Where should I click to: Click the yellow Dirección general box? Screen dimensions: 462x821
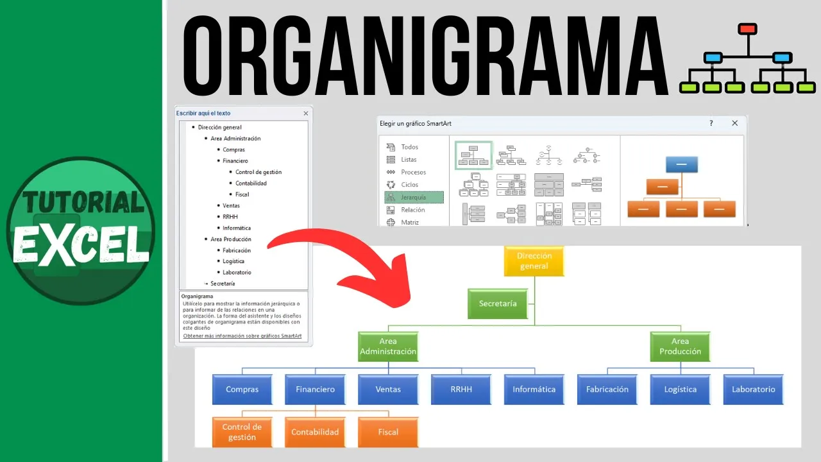[x=534, y=261]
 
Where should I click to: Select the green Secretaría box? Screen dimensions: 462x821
[x=498, y=304]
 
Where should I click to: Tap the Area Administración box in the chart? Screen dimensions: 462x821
[x=388, y=346]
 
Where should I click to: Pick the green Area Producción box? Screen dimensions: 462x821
[x=680, y=346]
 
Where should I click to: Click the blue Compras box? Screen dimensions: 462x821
[x=242, y=389]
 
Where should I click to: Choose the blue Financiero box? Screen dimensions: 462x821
[x=315, y=389]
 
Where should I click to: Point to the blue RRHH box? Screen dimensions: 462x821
[x=461, y=389]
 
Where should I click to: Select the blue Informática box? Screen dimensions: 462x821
[x=534, y=389]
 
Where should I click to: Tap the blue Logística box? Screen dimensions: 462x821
[x=680, y=389]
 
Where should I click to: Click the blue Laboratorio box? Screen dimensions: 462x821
[x=753, y=389]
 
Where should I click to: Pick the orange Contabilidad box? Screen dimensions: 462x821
[x=315, y=432]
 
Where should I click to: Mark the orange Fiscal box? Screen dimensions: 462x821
[x=388, y=432]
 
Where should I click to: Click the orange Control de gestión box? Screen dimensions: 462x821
[x=242, y=432]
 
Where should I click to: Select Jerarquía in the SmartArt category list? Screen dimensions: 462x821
[x=413, y=197]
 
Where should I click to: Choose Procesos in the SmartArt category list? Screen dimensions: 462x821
[x=413, y=172]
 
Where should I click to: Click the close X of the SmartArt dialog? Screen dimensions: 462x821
[x=735, y=123]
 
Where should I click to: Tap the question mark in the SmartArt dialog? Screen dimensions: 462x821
[x=711, y=123]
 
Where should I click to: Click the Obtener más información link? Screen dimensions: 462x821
[x=242, y=336]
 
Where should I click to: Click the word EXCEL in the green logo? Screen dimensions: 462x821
[x=81, y=244]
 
